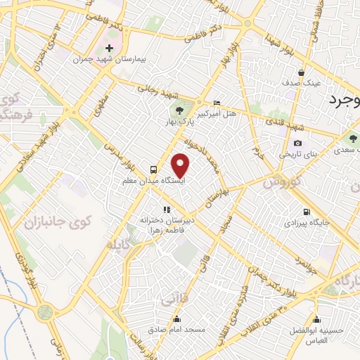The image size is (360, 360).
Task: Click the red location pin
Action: point(181,166)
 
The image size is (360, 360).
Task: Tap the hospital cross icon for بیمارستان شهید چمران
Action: point(109,49)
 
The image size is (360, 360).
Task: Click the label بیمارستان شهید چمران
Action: point(110,59)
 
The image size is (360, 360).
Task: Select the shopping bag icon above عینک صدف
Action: point(301,72)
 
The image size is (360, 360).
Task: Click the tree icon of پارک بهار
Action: point(179,110)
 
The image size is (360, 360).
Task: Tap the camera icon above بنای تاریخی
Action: point(297,143)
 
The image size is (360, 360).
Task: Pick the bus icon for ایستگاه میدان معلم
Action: point(153,169)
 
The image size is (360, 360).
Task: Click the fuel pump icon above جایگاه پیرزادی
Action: point(306,212)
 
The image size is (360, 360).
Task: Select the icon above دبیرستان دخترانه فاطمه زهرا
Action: point(167,209)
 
